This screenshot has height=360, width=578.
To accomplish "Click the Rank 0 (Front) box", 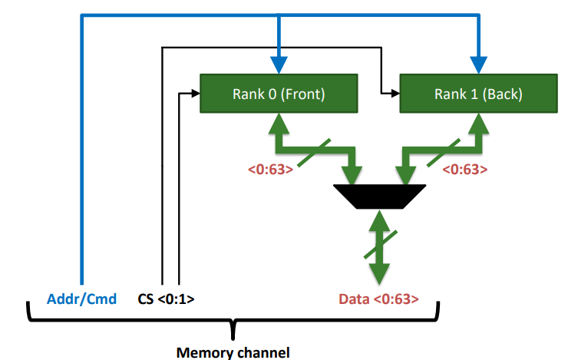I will click(x=279, y=94).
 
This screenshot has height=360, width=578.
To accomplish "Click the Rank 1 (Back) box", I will click(x=478, y=94).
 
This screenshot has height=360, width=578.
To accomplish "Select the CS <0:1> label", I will click(x=165, y=299).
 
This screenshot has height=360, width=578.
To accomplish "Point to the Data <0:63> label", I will click(x=378, y=299).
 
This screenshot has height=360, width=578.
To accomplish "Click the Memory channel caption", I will click(x=233, y=352).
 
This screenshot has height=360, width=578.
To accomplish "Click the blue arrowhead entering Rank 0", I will click(x=279, y=68).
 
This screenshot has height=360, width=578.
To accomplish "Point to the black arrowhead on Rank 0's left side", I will click(x=194, y=94).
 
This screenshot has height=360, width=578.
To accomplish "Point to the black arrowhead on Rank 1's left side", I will click(x=395, y=94).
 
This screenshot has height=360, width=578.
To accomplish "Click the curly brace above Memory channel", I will click(x=233, y=325).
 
